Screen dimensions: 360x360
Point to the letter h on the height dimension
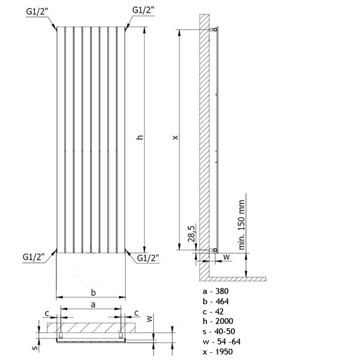tap(140, 138)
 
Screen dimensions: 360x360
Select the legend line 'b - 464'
tap(217, 301)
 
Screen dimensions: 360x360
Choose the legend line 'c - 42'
tap(214, 313)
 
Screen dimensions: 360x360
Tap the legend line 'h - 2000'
tap(218, 324)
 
